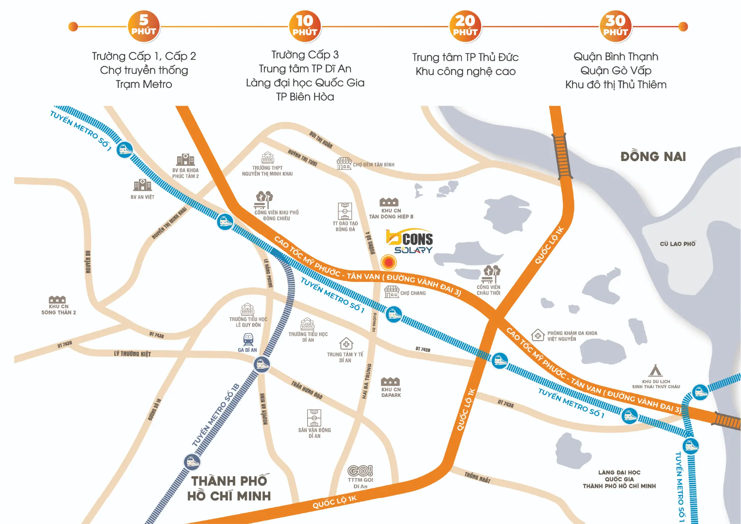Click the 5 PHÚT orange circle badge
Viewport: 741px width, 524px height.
pyautogui.click(x=144, y=26)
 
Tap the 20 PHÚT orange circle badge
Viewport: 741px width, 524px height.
pyautogui.click(x=465, y=26)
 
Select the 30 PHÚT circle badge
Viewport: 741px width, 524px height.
pyautogui.click(x=615, y=26)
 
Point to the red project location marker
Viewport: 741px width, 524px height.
pyautogui.click(x=389, y=262)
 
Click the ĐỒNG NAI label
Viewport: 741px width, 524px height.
pyautogui.click(x=653, y=157)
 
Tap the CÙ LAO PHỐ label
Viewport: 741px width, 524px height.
pyautogui.click(x=677, y=244)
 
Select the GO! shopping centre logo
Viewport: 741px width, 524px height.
pyautogui.click(x=360, y=470)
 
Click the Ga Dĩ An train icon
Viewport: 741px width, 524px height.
pyautogui.click(x=248, y=339)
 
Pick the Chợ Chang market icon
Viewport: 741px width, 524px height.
pyautogui.click(x=392, y=292)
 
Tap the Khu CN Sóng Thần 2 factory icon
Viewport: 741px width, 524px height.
pyautogui.click(x=57, y=299)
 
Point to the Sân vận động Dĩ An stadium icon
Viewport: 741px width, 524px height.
pyautogui.click(x=314, y=418)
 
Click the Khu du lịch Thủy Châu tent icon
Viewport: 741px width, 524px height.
pyautogui.click(x=655, y=371)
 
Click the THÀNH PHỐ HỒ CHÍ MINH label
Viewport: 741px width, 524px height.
pyautogui.click(x=229, y=489)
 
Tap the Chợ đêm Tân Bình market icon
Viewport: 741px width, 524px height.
pyautogui.click(x=344, y=164)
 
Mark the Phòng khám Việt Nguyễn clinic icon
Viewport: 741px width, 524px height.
pyautogui.click(x=538, y=335)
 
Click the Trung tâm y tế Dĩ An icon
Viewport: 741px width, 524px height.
pyautogui.click(x=346, y=344)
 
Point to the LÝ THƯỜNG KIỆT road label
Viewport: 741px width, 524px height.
pyautogui.click(x=132, y=354)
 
